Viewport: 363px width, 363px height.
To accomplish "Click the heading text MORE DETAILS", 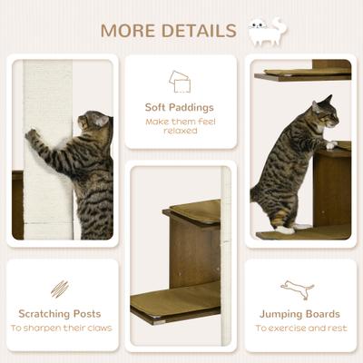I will point(168,30).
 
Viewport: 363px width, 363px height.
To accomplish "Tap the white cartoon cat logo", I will point(267,31).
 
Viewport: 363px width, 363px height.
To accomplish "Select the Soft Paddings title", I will point(180,107).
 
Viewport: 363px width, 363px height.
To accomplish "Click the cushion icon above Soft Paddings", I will point(180,82).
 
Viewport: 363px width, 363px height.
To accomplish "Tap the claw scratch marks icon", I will point(60,288).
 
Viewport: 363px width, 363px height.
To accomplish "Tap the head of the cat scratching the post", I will point(96,121).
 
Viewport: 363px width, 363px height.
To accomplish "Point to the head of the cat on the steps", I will point(324,113).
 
